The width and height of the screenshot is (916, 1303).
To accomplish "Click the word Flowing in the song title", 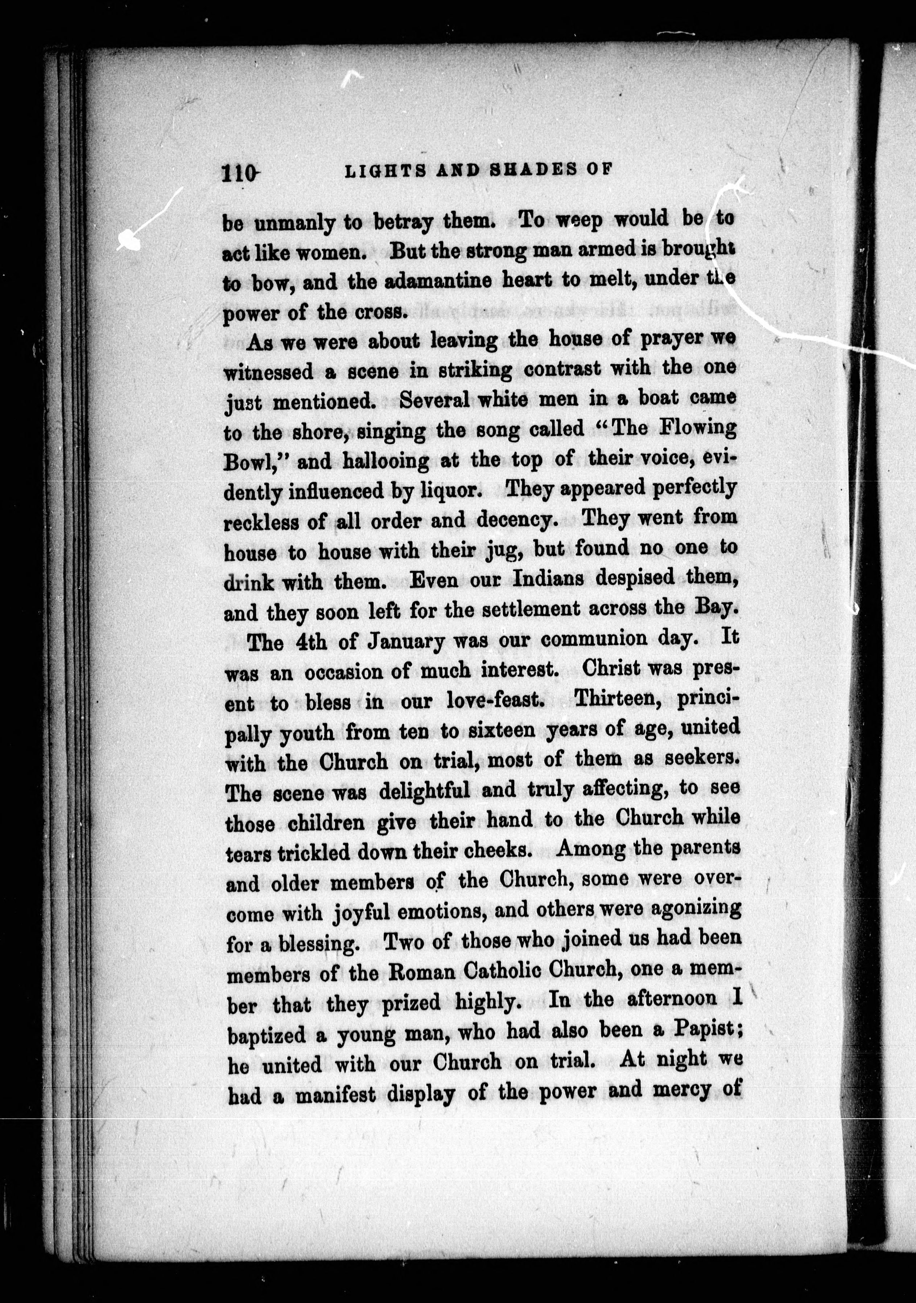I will pyautogui.click(x=703, y=427).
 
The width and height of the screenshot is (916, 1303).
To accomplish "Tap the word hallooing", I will pyautogui.click(x=386, y=460).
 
